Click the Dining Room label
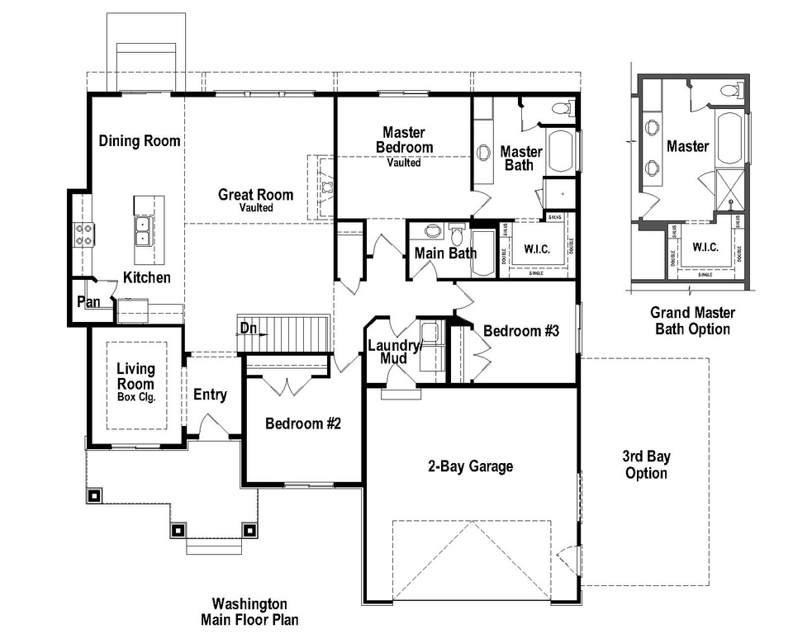[x=139, y=140]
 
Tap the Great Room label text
[x=255, y=196]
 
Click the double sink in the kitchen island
[x=142, y=232]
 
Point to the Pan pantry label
[x=88, y=302]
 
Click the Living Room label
[x=135, y=377]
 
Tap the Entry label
[x=210, y=395]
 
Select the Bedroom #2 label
[x=303, y=423]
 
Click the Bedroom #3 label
[x=521, y=331]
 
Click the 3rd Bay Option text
[x=646, y=465]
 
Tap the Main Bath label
[x=445, y=253]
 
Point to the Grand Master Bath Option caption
[x=692, y=321]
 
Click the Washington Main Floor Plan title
[x=249, y=611]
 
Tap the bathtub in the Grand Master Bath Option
[x=729, y=138]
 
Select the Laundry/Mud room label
[x=394, y=352]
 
